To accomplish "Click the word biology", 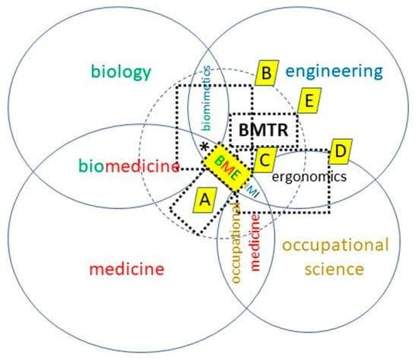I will click(x=122, y=72).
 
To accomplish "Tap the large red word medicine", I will click(x=126, y=268).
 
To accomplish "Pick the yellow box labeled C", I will click(x=264, y=160).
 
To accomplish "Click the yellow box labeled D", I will click(x=340, y=152).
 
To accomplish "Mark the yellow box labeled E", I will click(x=309, y=101).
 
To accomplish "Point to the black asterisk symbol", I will click(x=204, y=147).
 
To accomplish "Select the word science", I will click(x=335, y=268).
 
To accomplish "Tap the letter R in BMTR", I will click(x=281, y=131).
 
